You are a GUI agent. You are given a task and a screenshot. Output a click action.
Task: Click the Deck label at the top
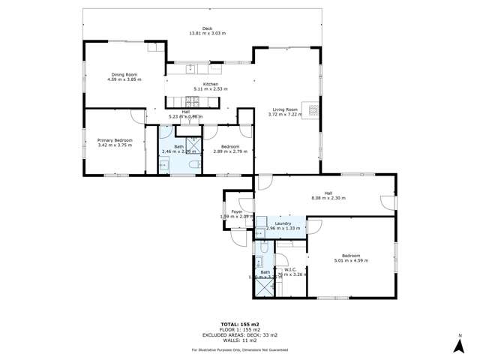tap(197, 28)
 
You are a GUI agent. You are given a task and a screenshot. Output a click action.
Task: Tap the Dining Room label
tap(124, 74)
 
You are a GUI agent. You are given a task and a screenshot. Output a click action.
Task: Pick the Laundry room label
tap(283, 223)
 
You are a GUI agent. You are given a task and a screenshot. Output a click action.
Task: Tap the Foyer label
tap(237, 212)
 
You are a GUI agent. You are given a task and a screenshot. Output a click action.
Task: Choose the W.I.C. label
tap(292, 271)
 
